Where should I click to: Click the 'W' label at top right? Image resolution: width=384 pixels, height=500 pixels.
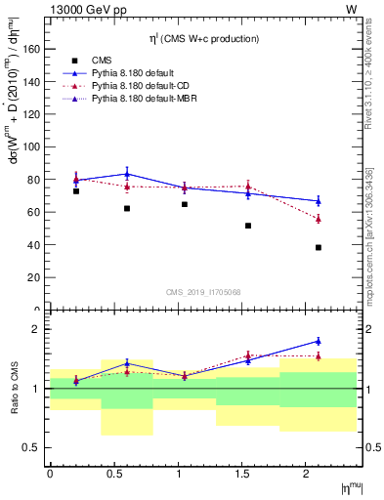[351, 10]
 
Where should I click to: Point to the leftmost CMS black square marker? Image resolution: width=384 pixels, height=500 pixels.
[76, 190]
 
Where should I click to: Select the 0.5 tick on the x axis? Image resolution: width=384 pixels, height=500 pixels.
[113, 473]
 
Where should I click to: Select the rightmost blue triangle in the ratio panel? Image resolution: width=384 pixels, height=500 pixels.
[319, 341]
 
